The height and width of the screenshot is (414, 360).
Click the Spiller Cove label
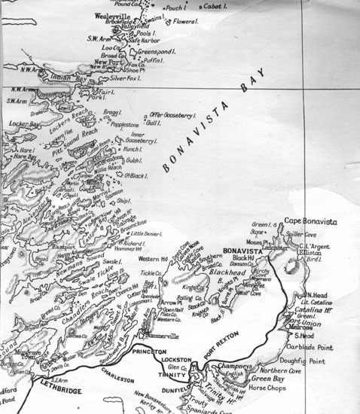pyautogui.click(x=308, y=233)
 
